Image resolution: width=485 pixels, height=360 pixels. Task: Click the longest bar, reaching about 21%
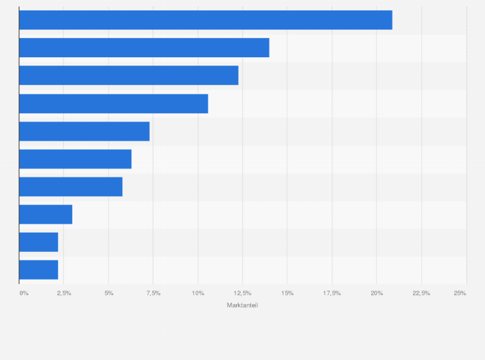coord(205,20)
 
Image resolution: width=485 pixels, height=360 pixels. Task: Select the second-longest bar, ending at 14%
coord(144,48)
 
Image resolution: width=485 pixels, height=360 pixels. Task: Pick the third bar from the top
coord(129,75)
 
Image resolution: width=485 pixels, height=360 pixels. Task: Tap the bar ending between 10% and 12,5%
coord(113,104)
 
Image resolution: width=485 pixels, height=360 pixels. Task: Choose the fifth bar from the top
coord(84,131)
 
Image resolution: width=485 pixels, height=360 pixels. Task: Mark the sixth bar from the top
coord(75,159)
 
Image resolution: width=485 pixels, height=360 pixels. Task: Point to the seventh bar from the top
coord(71,186)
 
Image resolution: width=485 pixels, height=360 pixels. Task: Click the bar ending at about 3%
coord(46,214)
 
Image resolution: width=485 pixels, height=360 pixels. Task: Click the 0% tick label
coord(24,293)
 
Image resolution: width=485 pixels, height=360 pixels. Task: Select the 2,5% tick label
coord(64,293)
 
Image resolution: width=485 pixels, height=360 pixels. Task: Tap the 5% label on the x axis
coord(109,293)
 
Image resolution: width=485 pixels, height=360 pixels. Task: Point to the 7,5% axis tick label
coord(153,293)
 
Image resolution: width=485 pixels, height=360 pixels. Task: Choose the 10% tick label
coord(198,293)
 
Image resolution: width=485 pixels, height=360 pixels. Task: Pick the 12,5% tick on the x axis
coord(243,293)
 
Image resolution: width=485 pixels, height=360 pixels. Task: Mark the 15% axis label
coord(288,293)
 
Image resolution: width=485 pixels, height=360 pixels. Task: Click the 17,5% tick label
coord(332,293)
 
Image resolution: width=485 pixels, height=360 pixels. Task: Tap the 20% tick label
coord(377,293)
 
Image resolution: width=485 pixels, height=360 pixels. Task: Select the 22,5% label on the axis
coord(421,293)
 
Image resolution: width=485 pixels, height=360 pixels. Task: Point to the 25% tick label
coord(460,293)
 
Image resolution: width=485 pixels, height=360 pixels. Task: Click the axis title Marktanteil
coord(243,305)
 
